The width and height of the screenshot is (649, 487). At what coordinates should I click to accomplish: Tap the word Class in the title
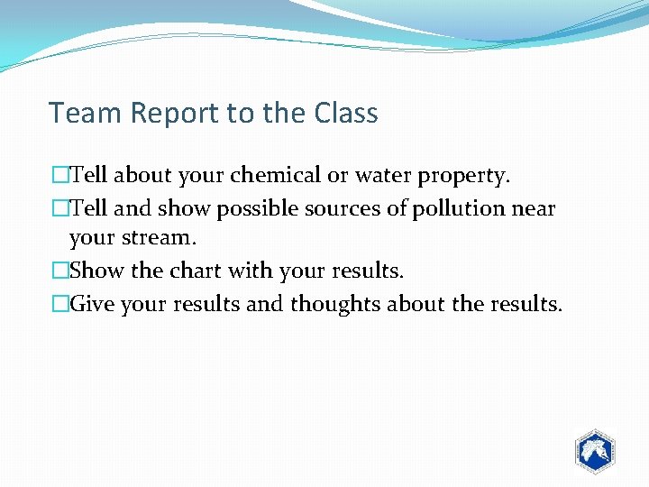coord(346,114)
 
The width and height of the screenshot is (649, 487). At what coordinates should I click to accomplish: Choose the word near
coord(534,209)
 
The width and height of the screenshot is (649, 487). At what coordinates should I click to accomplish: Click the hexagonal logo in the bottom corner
coord(594,450)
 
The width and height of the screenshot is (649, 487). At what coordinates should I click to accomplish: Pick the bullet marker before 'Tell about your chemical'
coord(59,175)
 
